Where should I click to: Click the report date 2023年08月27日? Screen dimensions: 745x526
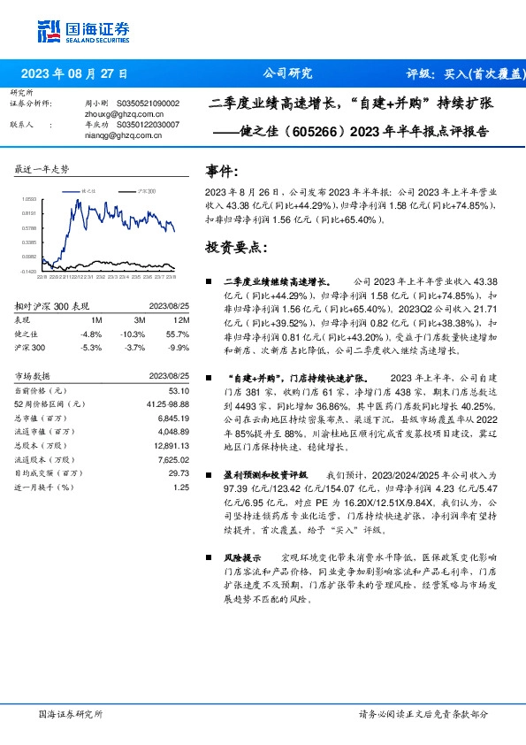tap(74, 74)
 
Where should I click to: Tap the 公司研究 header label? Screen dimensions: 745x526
tap(288, 74)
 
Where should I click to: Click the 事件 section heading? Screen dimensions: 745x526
tap(222, 170)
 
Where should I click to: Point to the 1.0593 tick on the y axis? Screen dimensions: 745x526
tap(29, 200)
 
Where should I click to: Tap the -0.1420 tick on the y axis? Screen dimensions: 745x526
tap(29, 272)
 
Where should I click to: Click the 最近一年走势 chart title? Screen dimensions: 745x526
tap(42, 169)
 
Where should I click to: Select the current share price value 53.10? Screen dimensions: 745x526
tap(179, 391)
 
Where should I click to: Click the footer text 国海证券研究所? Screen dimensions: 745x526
tap(71, 713)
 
